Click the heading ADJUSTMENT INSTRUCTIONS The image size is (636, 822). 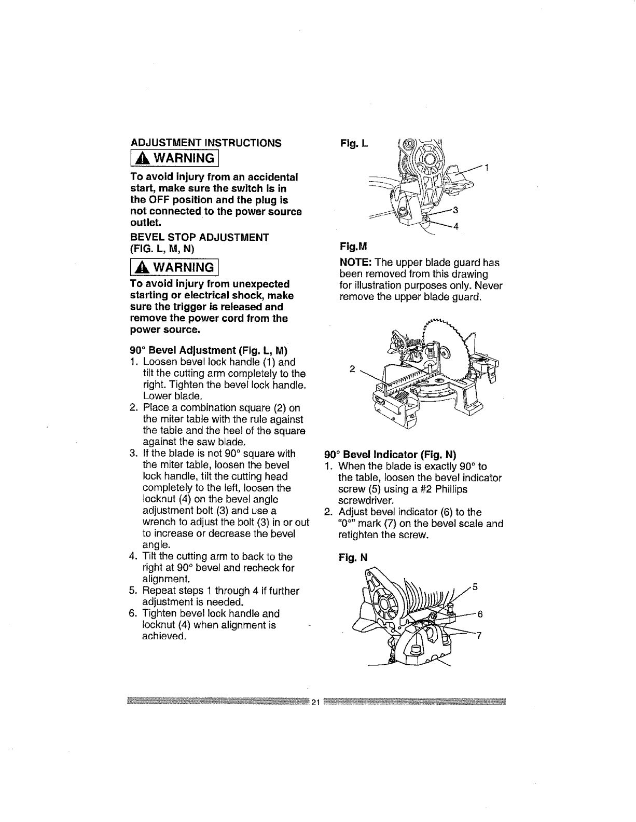(206, 143)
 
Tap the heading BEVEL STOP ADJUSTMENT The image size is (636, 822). (200, 238)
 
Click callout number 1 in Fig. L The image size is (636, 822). (486, 168)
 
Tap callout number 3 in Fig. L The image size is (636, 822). (455, 210)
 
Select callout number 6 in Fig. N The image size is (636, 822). (480, 613)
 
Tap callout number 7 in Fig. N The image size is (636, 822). (479, 638)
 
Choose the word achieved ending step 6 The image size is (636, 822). (163, 636)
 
